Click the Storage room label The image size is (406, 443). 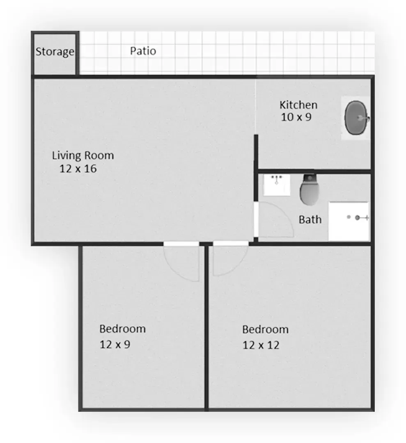coord(55,52)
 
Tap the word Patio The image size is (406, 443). coord(143,51)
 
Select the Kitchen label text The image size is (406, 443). coord(298,105)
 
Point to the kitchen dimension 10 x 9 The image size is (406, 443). coord(296,117)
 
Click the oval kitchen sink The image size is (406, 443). coord(356,118)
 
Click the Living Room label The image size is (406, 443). coord(83,156)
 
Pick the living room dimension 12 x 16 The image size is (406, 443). coord(78,169)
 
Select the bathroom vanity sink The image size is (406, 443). coord(277,185)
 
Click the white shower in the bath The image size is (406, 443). coord(349,221)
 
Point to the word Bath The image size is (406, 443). coord(310,220)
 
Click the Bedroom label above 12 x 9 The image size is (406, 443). coord(122,329)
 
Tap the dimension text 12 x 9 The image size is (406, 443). coord(115,345)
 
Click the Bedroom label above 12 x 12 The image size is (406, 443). coord(265,329)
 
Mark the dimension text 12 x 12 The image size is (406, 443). coord(261,345)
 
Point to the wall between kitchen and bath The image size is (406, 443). coord(314,171)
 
